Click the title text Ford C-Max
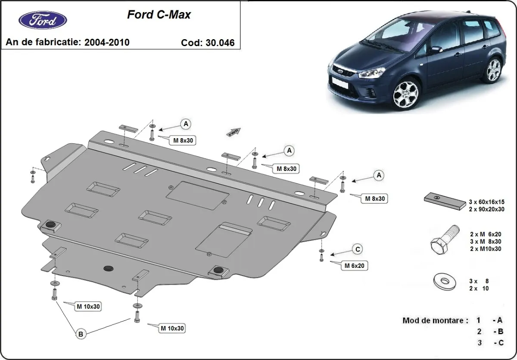pyautogui.click(x=159, y=15)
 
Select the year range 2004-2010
pyautogui.click(x=107, y=42)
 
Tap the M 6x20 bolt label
pyautogui.click(x=354, y=266)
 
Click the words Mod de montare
pyautogui.click(x=435, y=320)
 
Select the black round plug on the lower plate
pyautogui.click(x=108, y=268)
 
